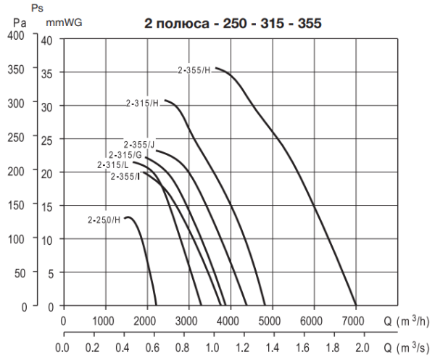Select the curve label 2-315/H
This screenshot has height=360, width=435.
142,104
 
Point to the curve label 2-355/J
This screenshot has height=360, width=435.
138,144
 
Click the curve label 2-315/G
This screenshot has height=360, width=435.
125,154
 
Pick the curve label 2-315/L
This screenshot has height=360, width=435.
113,165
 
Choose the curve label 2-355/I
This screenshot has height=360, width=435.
125,176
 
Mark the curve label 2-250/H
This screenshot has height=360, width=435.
104,219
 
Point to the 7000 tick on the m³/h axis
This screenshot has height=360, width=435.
355,320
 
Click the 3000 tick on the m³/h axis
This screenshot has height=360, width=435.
188,320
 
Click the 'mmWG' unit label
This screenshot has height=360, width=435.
64,22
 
